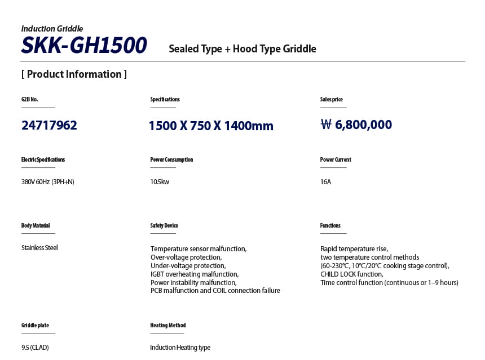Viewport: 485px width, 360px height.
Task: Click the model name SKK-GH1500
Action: (84, 46)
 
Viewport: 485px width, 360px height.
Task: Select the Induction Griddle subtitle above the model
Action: (52, 29)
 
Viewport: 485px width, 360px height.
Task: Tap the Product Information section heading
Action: (74, 74)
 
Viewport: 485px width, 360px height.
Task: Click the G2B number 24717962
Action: (49, 125)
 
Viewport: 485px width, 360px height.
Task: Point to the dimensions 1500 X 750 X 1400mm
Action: (211, 126)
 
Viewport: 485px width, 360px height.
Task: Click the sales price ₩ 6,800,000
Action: (356, 125)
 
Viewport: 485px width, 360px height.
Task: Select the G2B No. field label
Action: (30, 99)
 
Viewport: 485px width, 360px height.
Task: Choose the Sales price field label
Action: (332, 99)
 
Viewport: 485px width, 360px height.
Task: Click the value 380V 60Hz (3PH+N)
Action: (48, 182)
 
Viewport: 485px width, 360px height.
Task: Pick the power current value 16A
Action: (325, 182)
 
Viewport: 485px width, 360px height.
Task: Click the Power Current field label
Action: (336, 159)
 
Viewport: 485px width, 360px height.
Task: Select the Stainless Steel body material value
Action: (39, 247)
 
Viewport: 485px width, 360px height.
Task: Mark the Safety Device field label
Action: (164, 225)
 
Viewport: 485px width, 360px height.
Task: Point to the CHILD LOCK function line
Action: (351, 274)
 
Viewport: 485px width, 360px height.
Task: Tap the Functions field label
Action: (330, 225)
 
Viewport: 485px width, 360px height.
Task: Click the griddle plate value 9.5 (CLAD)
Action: (35, 347)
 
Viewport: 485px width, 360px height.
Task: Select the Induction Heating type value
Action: (180, 347)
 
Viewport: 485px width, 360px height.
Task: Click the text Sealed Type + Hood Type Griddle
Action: (242, 49)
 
